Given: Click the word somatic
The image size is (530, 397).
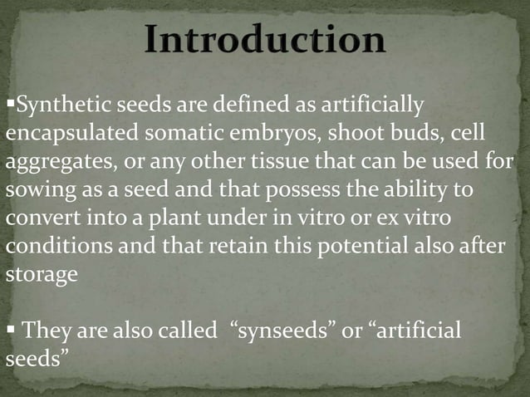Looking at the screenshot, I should pyautogui.click(x=174, y=134).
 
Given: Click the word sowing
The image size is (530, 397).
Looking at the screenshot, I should pyautogui.click(x=35, y=189).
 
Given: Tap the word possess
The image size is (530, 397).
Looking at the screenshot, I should pyautogui.click(x=303, y=189).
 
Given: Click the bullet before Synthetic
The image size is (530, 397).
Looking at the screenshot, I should pyautogui.click(x=10, y=105).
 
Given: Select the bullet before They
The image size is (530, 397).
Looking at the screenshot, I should pyautogui.click(x=11, y=330).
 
